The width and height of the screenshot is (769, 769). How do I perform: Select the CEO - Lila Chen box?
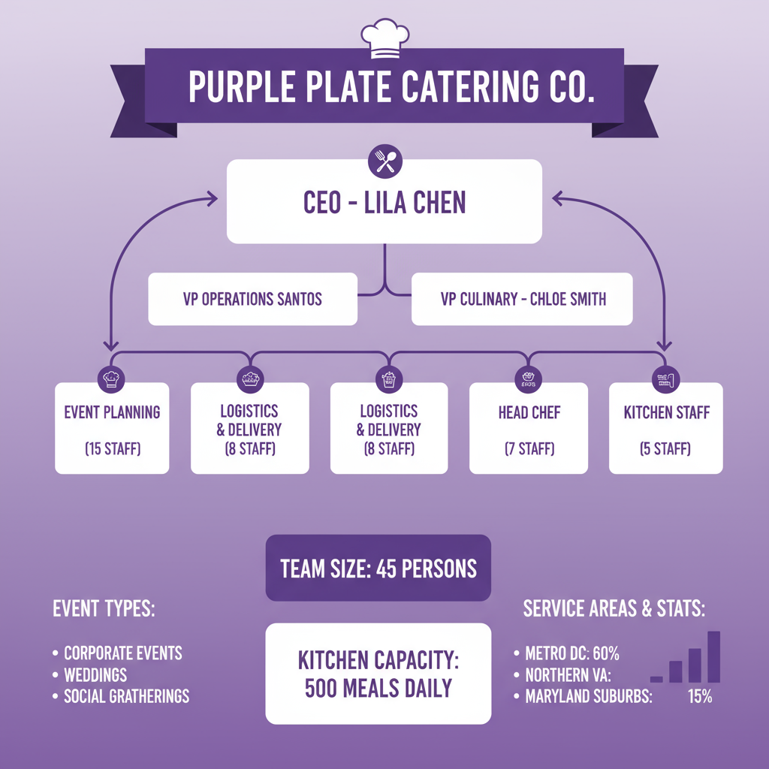[384, 202]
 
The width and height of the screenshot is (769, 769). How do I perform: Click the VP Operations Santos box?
[252, 299]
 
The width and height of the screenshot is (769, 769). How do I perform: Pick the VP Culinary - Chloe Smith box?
[523, 299]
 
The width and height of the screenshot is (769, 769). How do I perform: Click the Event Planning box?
[112, 428]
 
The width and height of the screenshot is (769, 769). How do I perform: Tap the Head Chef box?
[529, 428]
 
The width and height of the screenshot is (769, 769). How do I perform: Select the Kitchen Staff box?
[666, 428]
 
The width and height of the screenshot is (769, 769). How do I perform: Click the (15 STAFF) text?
[112, 450]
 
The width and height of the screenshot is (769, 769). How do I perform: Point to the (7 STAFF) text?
[529, 449]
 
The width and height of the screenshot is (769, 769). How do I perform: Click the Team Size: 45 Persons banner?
[378, 568]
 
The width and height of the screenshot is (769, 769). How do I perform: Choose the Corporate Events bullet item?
[122, 653]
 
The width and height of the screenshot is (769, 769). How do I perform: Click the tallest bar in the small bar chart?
[713, 656]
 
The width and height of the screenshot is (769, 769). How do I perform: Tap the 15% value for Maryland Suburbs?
[699, 696]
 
